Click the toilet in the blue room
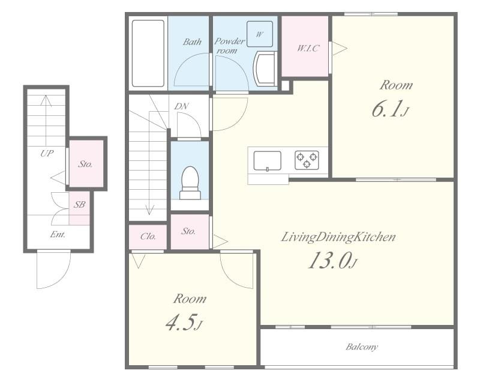pos(190,183)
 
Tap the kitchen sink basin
pos(267,160)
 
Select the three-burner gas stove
pos(307,160)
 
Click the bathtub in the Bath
pos(148,53)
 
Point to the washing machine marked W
pos(260,34)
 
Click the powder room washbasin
pos(265,68)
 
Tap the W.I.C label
pos(308,48)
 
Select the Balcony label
pos(362,347)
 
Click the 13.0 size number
pos(332,262)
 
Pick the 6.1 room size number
pos(389,109)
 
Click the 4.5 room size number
pos(184,323)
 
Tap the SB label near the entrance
pos(79,204)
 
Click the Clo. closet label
pos(148,236)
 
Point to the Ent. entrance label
pos(58,235)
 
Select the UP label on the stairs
pos(47,153)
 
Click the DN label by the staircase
pos(181,106)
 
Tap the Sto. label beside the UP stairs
pos(85,165)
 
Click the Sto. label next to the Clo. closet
pos(188,231)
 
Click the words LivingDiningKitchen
pos(338,237)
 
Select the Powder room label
pos(229,46)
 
